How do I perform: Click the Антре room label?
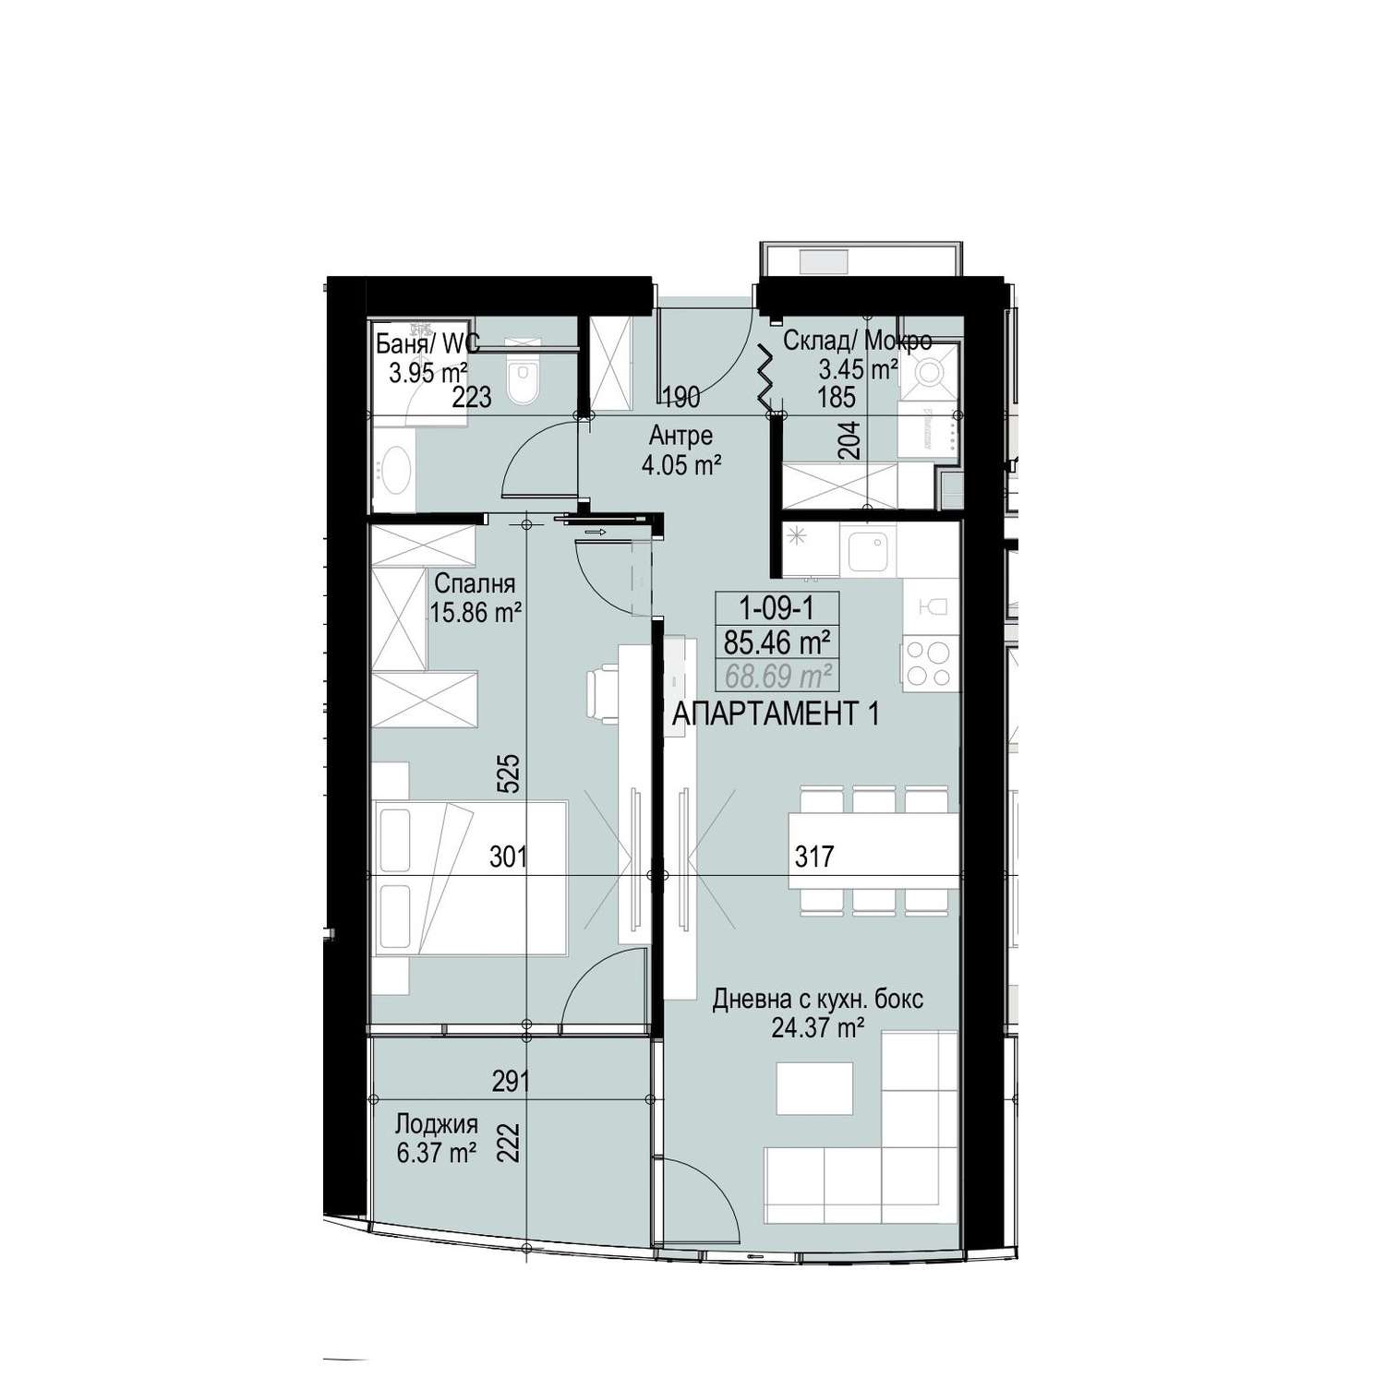(680, 435)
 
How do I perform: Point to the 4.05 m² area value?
(681, 464)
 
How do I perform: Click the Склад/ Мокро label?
(858, 342)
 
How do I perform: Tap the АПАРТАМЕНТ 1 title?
(775, 713)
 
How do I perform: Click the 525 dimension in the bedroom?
(512, 774)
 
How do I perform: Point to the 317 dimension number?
(814, 857)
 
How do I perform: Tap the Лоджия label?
(436, 1124)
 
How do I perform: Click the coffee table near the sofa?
(814, 1088)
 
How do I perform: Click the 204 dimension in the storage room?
(852, 439)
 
